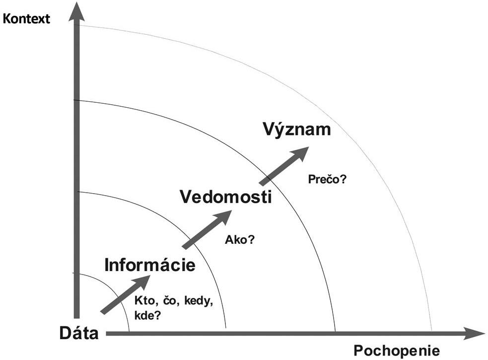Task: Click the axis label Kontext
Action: click(26, 19)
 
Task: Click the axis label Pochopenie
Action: click(396, 351)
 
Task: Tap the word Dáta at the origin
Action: click(79, 333)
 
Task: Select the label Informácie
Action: click(150, 265)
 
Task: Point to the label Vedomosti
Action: click(226, 197)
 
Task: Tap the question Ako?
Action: click(240, 239)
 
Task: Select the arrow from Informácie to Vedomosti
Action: click(206, 229)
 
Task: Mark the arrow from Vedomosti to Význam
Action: click(283, 166)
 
